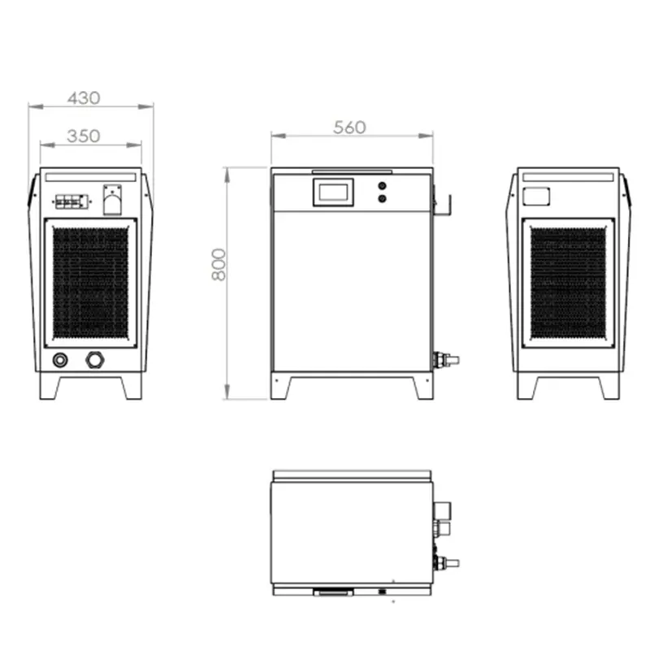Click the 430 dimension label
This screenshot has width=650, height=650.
point(84,98)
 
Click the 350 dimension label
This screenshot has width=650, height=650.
point(84,136)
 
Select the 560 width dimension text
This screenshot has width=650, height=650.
point(349,128)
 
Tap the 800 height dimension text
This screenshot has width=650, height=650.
point(219,265)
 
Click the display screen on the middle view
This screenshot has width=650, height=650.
point(333,193)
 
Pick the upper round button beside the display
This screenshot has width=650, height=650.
point(382,186)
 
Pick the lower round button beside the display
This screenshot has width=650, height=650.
point(382,198)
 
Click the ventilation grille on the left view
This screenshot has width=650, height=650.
point(91,283)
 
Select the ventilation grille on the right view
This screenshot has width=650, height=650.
point(568,283)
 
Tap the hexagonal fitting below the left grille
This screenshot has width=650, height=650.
point(95,360)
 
